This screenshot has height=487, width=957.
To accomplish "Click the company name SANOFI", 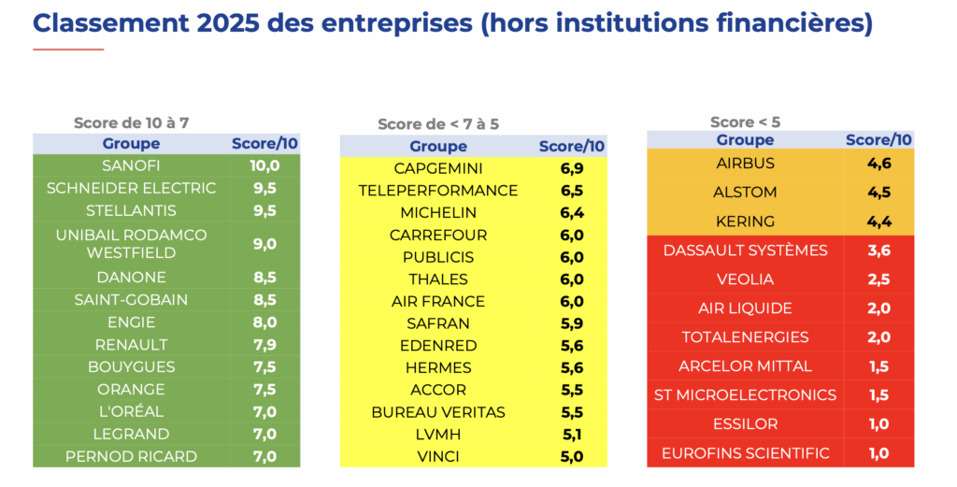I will tap(131, 166).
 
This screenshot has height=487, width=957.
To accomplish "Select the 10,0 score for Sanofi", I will tap(265, 166).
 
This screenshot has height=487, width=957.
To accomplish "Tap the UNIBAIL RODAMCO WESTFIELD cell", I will tap(131, 244).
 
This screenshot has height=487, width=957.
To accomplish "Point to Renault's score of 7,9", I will tap(265, 345).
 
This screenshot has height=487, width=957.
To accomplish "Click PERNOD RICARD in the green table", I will tap(131, 457).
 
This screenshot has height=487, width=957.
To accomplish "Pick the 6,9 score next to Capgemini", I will tap(571, 168).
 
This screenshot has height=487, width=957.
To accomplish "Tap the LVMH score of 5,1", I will tap(571, 435).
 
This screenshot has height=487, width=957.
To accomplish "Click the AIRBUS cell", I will tap(745, 164).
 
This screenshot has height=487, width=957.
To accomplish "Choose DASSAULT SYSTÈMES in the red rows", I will tap(745, 251).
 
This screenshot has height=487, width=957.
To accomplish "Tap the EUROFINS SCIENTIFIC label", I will tap(745, 453).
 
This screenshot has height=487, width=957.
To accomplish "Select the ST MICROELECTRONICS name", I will tap(745, 395).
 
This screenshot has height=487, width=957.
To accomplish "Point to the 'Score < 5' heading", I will tap(745, 122).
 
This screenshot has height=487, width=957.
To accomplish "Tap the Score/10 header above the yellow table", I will tap(571, 147).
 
